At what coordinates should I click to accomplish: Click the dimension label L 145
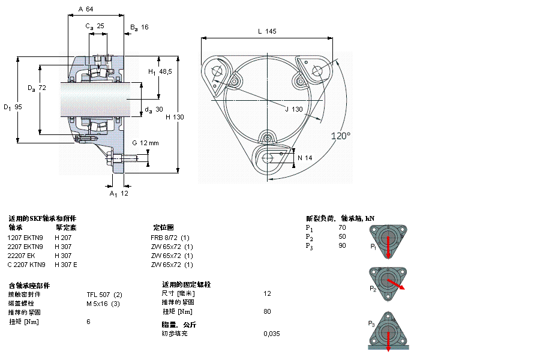click(267, 32)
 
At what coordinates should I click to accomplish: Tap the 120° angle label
click(341, 136)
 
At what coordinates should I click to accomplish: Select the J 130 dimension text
click(293, 109)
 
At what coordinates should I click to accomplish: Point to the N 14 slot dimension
click(305, 158)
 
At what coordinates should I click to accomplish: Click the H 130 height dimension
click(175, 117)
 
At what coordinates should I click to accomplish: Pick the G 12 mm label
click(145, 143)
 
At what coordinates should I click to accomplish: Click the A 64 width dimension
click(86, 9)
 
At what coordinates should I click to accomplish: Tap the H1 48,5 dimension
click(160, 71)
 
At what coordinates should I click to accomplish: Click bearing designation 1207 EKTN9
click(25, 238)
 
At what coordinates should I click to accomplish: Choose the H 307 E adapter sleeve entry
click(65, 265)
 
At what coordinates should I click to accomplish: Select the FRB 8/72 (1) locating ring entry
click(170, 238)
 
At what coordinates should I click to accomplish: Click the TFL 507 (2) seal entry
click(104, 294)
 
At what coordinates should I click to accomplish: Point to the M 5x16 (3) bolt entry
click(103, 303)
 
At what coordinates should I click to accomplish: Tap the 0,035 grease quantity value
click(271, 334)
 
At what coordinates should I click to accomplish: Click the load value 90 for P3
click(342, 246)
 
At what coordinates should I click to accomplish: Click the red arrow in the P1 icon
click(388, 247)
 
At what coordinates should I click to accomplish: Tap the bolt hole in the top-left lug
click(217, 71)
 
